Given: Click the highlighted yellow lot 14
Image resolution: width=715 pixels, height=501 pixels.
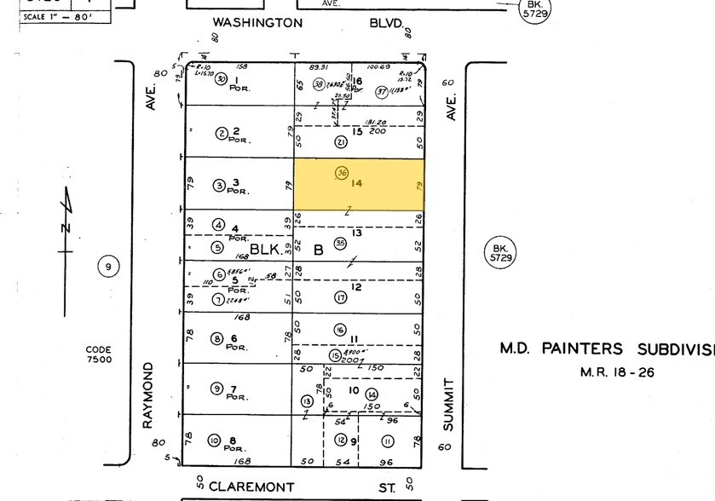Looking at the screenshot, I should tap(359, 185).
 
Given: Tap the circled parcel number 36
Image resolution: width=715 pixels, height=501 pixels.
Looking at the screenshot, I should tap(342, 171).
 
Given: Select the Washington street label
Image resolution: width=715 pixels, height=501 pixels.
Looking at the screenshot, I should tap(257, 23).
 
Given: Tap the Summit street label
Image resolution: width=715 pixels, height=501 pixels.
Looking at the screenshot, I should tap(449, 405).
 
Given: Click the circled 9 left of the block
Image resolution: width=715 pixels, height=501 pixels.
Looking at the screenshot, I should tap(108, 267).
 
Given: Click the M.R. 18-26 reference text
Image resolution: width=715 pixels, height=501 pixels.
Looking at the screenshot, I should tap(617, 372).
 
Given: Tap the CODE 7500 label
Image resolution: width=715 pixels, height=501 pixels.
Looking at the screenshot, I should tap(99, 354).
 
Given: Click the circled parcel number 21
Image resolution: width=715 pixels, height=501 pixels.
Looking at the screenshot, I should tap(341, 142).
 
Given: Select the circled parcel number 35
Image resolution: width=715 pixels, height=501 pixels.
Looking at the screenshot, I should tap(340, 243).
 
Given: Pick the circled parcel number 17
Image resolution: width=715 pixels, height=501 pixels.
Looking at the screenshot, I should tap(340, 297).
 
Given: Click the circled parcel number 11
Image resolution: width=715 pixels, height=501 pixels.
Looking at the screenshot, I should tap(388, 441).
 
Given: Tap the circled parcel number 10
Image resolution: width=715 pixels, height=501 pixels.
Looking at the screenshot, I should tap(214, 441).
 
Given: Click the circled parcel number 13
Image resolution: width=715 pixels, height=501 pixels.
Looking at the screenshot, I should tap(307, 400).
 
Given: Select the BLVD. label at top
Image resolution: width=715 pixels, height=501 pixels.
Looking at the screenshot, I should tap(386, 23).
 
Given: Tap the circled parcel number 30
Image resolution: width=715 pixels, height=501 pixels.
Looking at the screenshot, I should tap(221, 79).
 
